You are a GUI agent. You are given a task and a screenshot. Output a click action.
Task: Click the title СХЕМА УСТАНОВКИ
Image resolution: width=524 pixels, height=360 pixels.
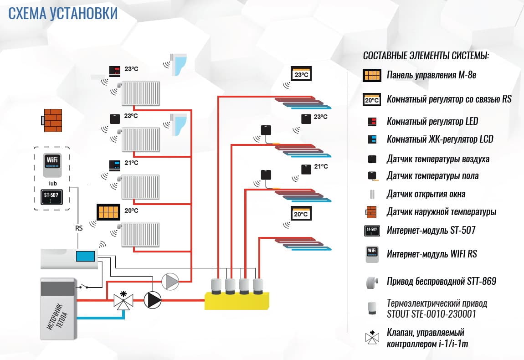coord(63,14)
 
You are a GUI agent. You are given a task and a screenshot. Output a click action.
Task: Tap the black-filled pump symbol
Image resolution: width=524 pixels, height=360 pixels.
coord(153,300)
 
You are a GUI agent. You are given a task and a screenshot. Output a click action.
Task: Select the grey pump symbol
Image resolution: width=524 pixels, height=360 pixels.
coord(171,281)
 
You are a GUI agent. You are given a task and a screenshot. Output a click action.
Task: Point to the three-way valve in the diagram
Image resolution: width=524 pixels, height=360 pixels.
coord(123,301)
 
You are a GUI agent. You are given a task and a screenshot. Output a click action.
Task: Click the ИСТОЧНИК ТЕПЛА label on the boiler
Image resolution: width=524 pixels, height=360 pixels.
coord(58,317)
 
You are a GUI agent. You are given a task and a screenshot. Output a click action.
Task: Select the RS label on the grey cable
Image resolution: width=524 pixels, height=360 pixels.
coord(78,228)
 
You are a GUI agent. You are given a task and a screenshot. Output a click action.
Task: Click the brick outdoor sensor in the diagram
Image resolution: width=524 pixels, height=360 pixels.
coord(52,120)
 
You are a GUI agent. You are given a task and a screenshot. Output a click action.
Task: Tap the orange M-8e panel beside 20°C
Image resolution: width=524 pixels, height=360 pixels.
coord(108,212)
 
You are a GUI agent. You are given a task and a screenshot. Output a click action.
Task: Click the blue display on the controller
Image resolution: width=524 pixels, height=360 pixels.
coord(85,256)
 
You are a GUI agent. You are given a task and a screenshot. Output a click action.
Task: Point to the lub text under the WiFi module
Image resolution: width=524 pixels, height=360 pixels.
coord(52,183)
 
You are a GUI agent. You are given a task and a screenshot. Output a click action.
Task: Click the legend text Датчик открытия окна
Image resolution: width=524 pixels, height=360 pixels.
coord(426,194)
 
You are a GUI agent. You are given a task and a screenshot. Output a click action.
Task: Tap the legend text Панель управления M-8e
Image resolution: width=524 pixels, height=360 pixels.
coord(431,75)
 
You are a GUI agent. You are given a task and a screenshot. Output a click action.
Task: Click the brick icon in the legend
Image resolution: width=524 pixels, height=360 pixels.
coord(372,212)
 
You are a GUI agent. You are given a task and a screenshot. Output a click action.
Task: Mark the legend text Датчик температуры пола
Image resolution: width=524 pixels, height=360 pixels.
coord(432,175)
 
